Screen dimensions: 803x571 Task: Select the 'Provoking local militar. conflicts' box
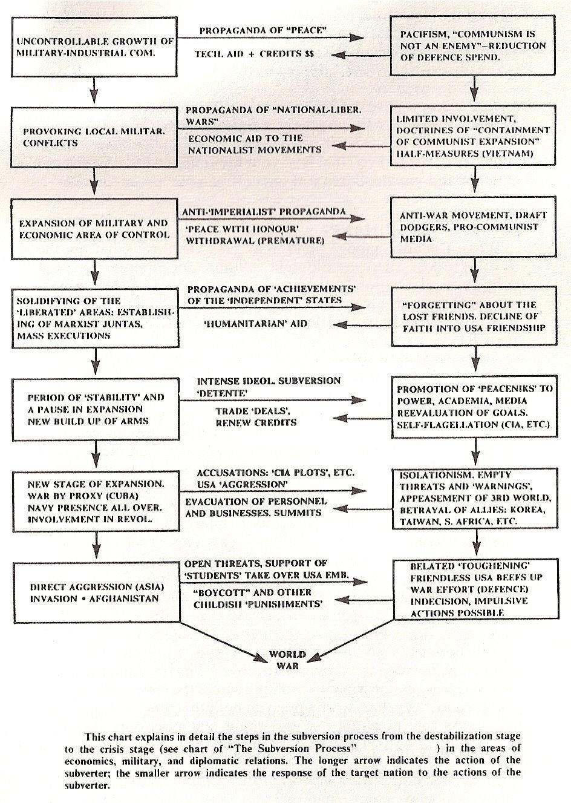pos(94,137)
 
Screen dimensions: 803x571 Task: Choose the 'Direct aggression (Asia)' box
pos(94,592)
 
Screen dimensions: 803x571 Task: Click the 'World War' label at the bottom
pos(287,660)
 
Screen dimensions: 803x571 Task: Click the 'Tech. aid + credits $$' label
pos(254,54)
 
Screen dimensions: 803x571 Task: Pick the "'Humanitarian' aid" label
pos(255,324)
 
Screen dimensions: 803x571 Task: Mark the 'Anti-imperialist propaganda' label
pos(264,212)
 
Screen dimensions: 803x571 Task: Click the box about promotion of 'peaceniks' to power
pos(474,407)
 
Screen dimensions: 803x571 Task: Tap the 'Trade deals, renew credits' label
pos(256,416)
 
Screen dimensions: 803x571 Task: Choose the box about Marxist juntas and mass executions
pos(94,317)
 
